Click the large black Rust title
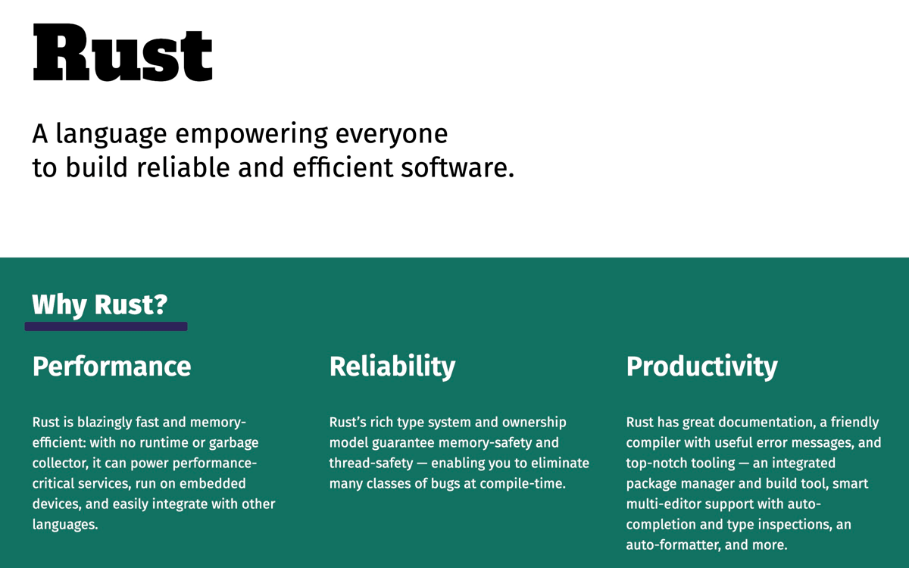122,53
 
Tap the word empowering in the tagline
251,134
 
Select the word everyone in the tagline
392,135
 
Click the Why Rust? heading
100,304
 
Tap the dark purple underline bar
106,326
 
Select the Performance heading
111,367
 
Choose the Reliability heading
392,367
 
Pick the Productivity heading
702,367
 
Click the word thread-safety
371,463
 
